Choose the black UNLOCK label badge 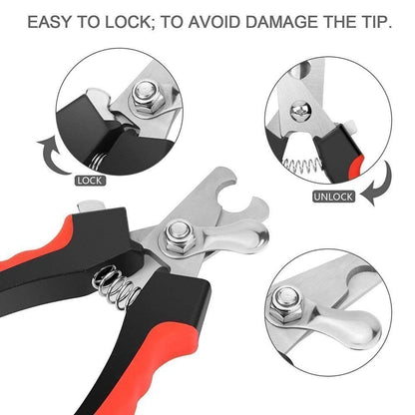334,196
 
